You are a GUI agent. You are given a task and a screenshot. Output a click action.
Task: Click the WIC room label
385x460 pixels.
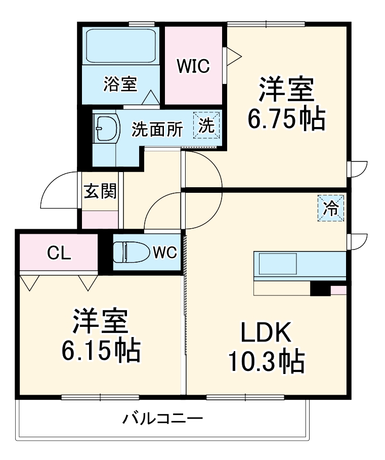pos(193,66)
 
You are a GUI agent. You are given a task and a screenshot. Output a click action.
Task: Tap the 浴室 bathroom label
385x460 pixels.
pos(120,84)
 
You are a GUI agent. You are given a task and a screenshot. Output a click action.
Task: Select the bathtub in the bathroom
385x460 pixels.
pos(120,46)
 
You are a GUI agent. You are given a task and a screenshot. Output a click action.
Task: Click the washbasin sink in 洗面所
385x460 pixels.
pos(106,130)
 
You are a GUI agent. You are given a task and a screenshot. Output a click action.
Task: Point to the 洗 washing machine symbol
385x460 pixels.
pos(207,124)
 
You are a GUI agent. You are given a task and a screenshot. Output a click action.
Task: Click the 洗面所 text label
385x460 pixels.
pos(157,130)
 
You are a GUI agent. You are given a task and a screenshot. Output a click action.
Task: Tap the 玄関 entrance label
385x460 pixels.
pos(100,191)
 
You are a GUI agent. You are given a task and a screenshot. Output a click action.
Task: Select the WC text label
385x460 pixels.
pos(164,252)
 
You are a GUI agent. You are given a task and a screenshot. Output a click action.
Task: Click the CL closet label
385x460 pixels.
pos(59,253)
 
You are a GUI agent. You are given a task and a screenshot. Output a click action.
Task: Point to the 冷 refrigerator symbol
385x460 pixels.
pos(331,208)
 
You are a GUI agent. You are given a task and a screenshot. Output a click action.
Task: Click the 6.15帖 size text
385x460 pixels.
pos(101,350)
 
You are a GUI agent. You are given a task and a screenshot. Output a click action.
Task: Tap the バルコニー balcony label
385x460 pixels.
pos(163,420)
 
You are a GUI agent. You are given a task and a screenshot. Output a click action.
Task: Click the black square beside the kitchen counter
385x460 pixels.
pos(320,290)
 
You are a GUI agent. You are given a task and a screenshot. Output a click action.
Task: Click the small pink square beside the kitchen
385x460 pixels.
pos(338,290)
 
